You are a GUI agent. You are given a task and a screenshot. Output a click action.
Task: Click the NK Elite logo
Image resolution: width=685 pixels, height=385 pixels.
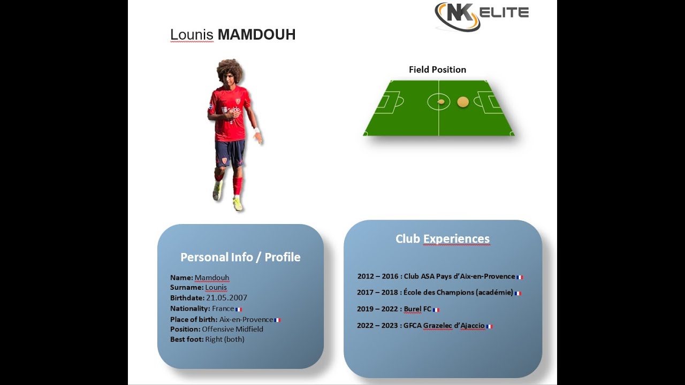[481, 16]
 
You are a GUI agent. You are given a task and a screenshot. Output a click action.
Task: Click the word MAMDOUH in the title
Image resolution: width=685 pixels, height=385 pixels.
[256, 35]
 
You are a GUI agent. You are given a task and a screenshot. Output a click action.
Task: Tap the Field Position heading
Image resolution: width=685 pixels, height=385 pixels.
[437, 70]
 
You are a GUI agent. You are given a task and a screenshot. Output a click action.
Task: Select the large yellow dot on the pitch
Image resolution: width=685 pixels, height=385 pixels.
[463, 102]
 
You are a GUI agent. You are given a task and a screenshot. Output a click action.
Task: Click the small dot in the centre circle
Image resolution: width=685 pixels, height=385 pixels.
[441, 102]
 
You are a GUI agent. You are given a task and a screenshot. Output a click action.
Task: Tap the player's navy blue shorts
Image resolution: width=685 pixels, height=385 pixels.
[230, 152]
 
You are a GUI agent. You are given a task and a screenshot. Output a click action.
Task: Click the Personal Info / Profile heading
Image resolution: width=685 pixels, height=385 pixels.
[240, 257]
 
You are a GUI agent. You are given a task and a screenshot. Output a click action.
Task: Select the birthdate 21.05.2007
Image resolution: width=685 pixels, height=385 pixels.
[226, 298]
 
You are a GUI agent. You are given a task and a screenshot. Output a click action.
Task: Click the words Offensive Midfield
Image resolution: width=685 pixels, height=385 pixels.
[232, 329]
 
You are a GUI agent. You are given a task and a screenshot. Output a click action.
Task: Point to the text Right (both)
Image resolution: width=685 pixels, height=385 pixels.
[225, 339]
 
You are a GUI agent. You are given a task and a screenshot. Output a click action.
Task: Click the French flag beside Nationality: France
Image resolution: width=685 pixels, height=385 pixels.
[239, 309]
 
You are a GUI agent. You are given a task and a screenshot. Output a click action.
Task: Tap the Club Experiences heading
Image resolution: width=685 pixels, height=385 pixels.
[443, 239]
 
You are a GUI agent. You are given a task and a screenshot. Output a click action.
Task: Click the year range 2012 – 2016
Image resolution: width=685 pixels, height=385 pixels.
[378, 276]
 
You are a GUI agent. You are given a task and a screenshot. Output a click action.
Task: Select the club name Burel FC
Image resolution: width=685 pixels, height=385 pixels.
[417, 309]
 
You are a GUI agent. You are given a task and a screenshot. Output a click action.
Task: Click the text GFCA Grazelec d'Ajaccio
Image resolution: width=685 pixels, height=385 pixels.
[444, 326]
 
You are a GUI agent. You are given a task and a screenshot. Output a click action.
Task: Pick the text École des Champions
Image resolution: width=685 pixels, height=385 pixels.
[433, 292]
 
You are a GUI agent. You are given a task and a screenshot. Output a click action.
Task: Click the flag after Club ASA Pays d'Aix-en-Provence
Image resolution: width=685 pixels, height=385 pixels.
[520, 277]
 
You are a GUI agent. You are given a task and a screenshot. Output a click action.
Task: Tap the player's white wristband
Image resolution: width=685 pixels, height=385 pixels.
[257, 130]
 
